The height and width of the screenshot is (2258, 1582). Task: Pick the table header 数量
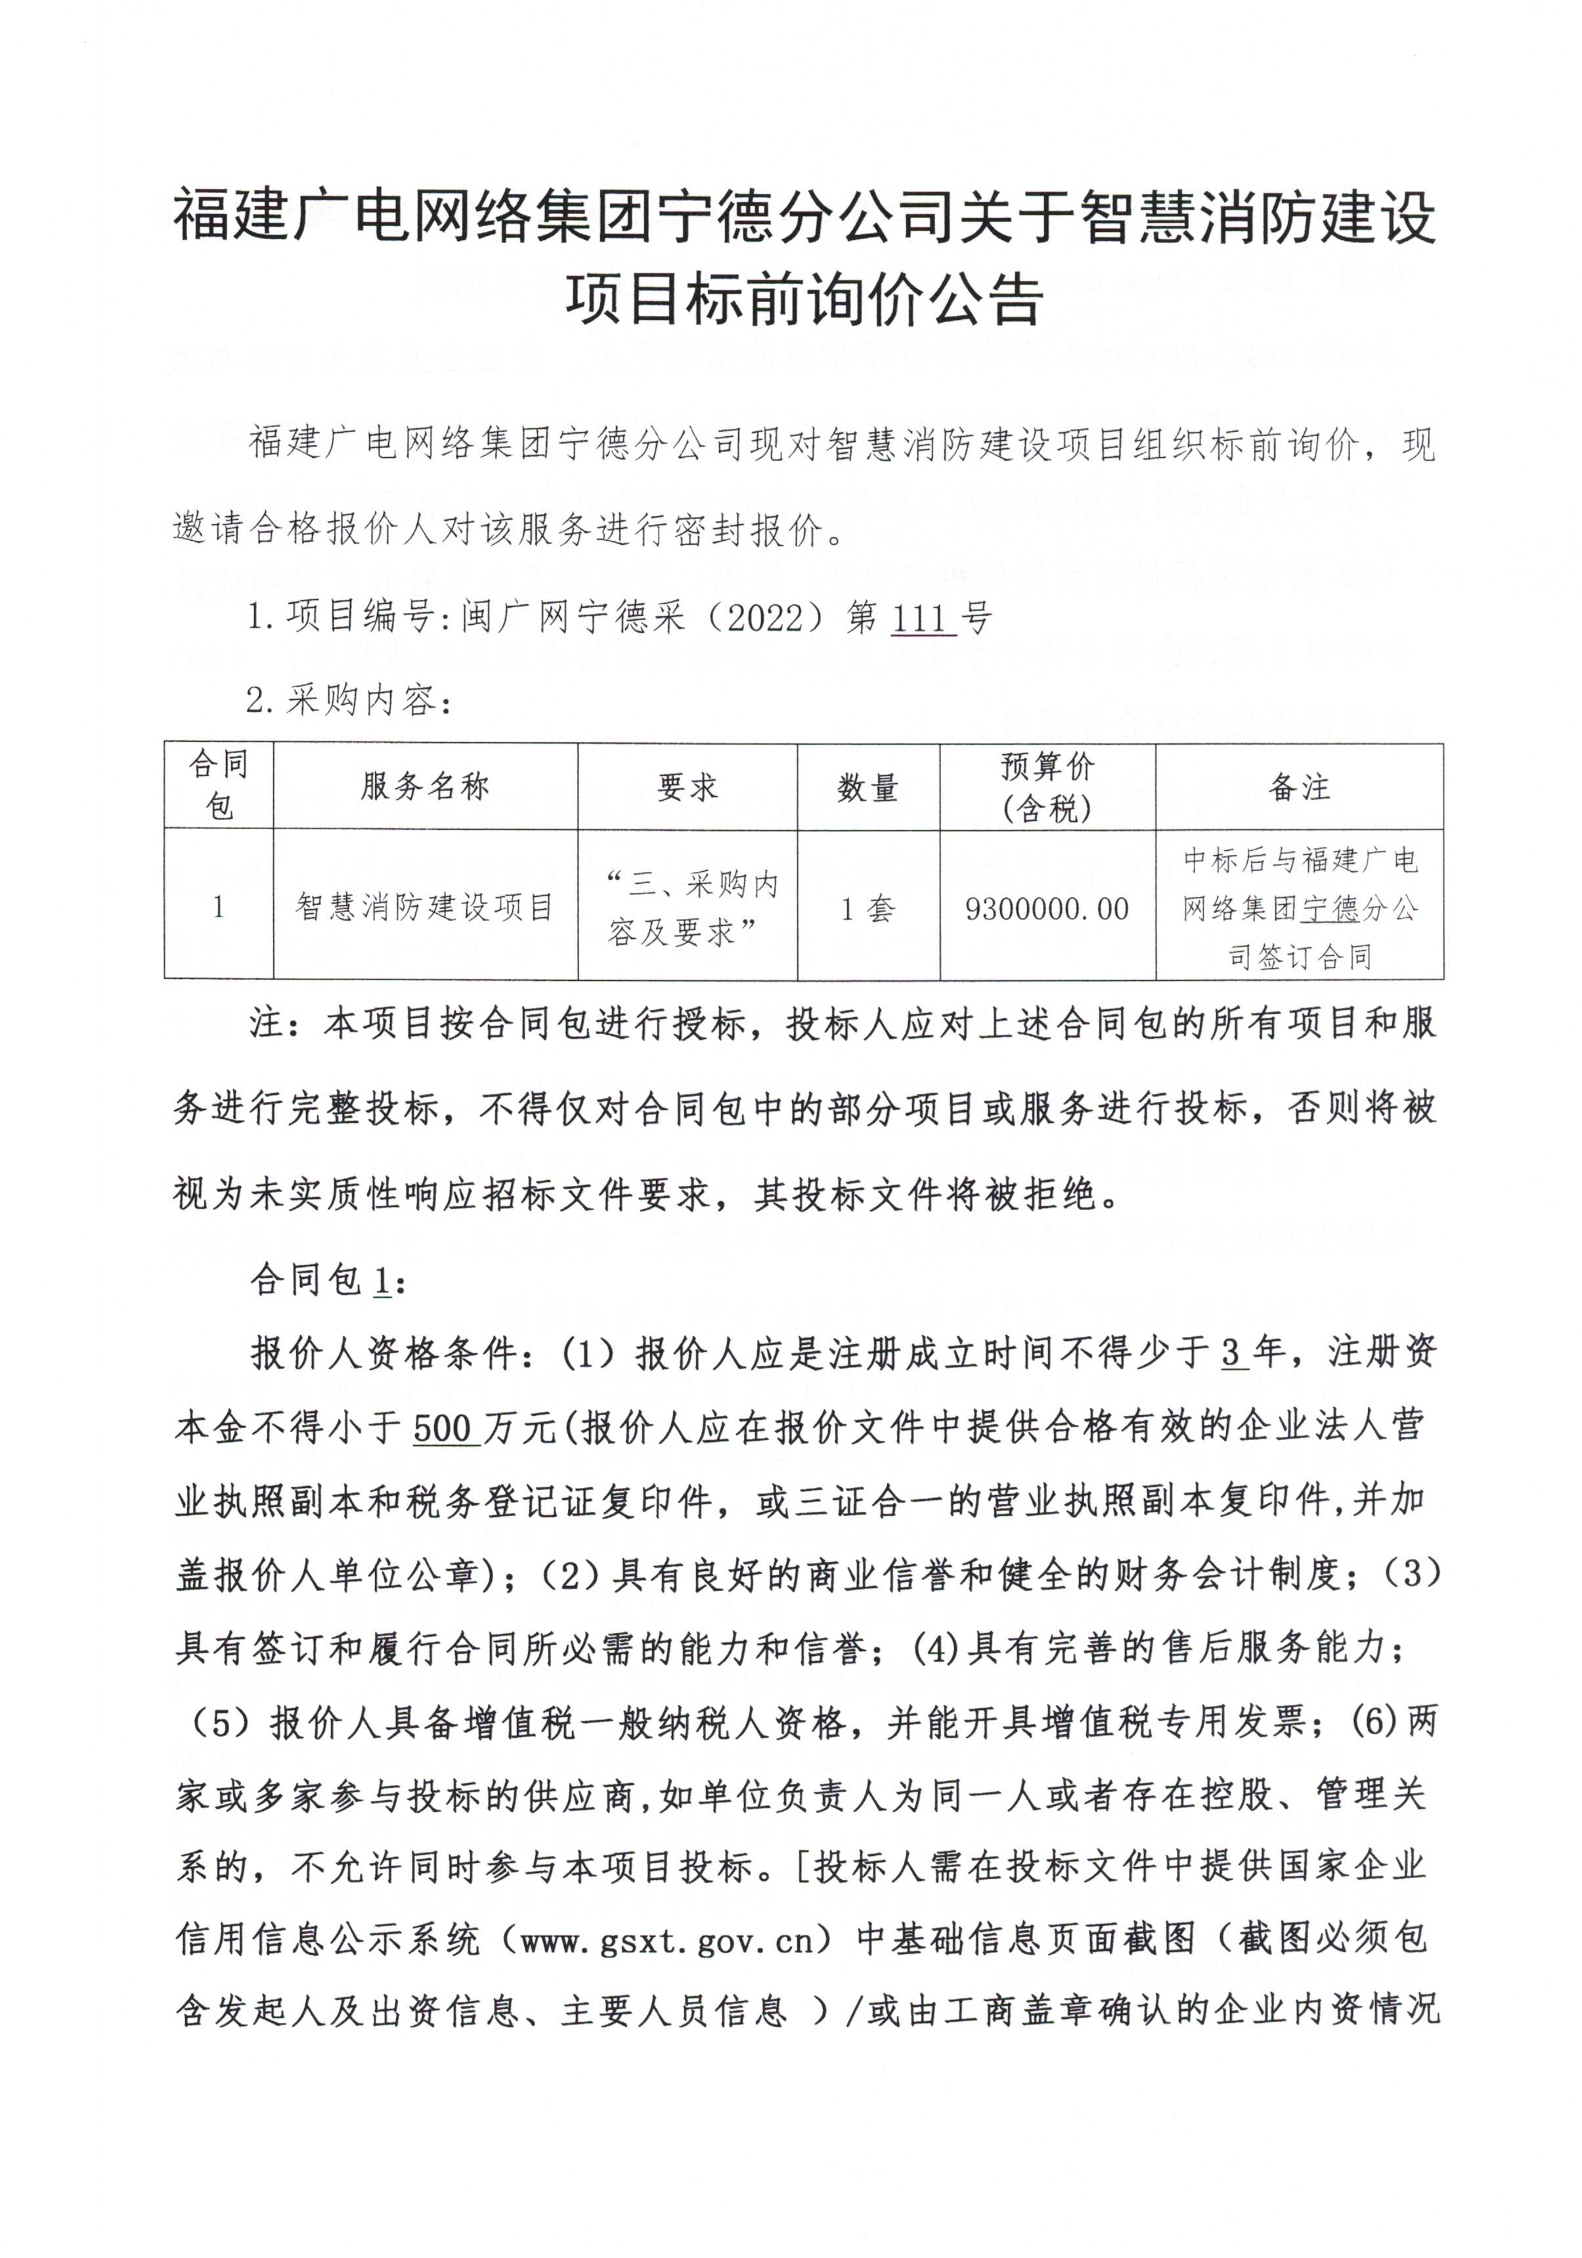coord(868,788)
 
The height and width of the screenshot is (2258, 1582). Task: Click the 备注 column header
coord(1298,787)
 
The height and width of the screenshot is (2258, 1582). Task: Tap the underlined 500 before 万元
coord(445,1429)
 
